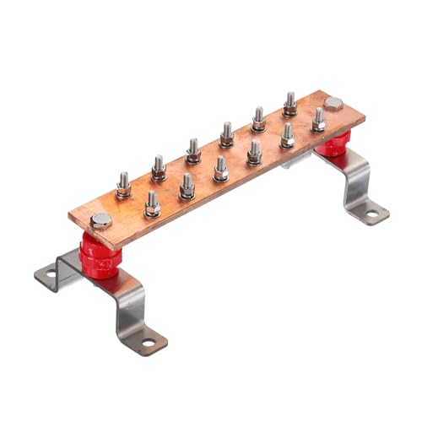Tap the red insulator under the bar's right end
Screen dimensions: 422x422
[x=332, y=146]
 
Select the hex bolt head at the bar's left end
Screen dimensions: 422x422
[x=101, y=222]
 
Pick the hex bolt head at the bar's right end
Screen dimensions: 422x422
[x=334, y=104]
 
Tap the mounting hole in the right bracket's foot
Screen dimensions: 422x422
[x=371, y=215]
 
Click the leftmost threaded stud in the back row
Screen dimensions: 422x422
[x=124, y=185]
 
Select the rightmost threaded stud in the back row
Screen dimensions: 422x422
[x=289, y=104]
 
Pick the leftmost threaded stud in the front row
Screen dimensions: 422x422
[x=153, y=203]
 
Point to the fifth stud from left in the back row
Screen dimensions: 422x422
[x=258, y=118]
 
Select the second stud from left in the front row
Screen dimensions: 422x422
[x=187, y=186]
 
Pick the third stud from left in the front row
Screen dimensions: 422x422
[x=220, y=169]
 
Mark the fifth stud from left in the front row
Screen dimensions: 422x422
[x=287, y=135]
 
